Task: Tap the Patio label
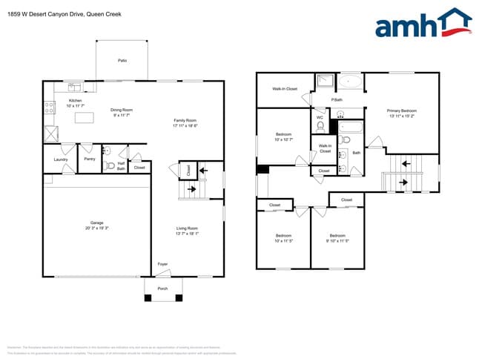tap(122, 60)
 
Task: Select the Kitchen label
tap(75, 100)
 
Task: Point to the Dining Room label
tap(122, 110)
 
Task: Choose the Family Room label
tap(185, 120)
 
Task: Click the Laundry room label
tap(61, 159)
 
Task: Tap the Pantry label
tap(89, 159)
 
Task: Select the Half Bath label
tap(121, 167)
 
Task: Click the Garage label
tap(96, 223)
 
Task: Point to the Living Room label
tap(187, 228)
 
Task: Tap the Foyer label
tap(163, 263)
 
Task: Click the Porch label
tap(163, 289)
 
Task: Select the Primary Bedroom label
tap(401, 111)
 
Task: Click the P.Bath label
tap(337, 100)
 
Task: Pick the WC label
tap(320, 116)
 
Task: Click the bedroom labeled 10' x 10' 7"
tap(284, 134)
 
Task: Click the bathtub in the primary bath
tap(351, 82)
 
